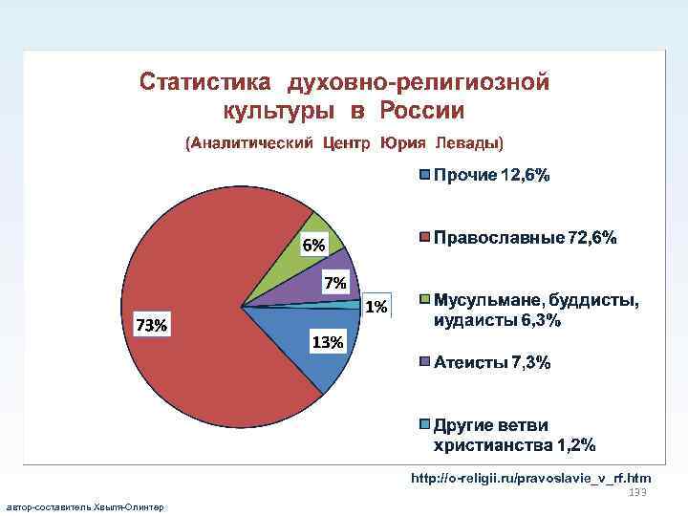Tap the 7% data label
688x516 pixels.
pyautogui.click(x=335, y=283)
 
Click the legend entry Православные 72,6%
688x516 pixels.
pyautogui.click(x=525, y=237)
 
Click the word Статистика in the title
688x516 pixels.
pyautogui.click(x=201, y=81)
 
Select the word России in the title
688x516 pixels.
pyautogui.click(x=421, y=110)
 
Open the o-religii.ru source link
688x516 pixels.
pyautogui.click(x=530, y=477)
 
